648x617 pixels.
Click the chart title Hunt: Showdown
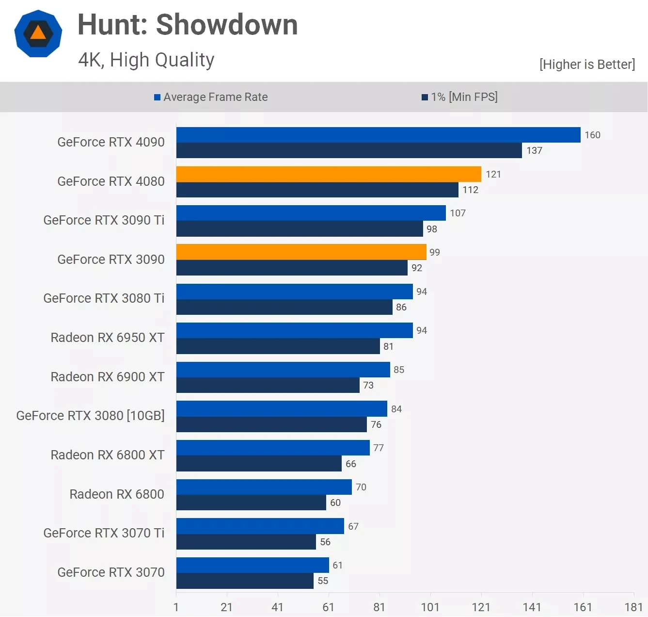click(x=188, y=25)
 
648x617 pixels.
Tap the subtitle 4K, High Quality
click(x=146, y=60)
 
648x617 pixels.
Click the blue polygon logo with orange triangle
click(x=38, y=33)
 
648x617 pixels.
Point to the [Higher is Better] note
click(x=586, y=65)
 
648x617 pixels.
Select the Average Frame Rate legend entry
click(x=211, y=97)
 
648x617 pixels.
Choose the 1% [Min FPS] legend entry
click(x=459, y=97)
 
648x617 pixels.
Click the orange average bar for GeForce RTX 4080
click(x=329, y=174)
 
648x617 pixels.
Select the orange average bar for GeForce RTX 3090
click(x=301, y=252)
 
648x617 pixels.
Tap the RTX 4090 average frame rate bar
click(x=378, y=135)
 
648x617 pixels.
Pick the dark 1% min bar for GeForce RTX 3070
click(x=245, y=581)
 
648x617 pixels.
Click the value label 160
click(x=592, y=135)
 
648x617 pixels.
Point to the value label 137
click(x=534, y=150)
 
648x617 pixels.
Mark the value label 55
click(x=323, y=581)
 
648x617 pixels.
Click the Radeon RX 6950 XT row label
click(x=108, y=338)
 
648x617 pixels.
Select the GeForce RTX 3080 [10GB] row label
click(x=91, y=416)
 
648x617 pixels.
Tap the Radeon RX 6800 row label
click(x=117, y=494)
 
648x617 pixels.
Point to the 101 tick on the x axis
click(x=430, y=607)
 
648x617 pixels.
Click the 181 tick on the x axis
click(x=633, y=607)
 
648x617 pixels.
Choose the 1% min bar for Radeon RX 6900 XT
click(x=268, y=385)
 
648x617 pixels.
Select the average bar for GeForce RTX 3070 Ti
click(x=260, y=526)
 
